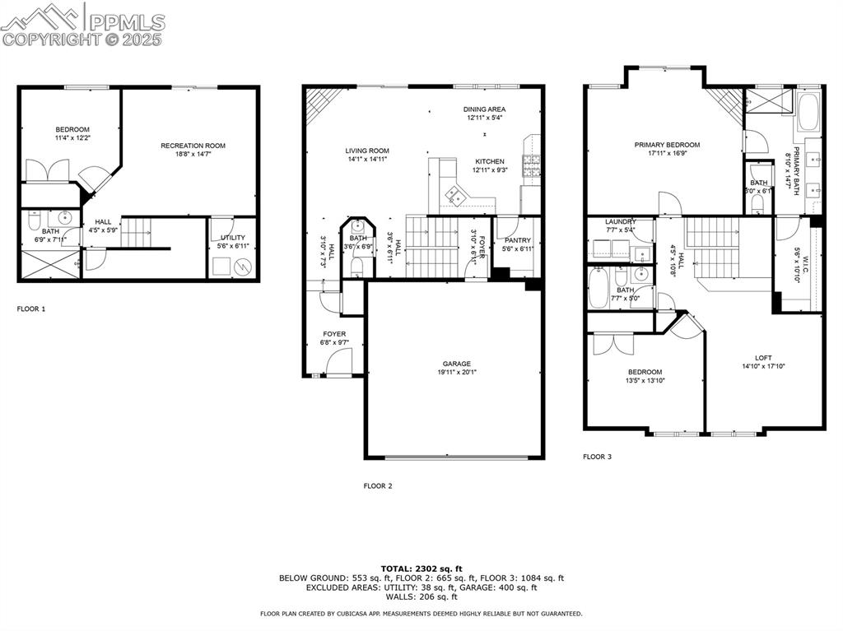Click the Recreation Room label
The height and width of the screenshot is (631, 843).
click(x=193, y=146)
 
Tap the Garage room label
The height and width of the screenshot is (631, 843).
click(x=455, y=364)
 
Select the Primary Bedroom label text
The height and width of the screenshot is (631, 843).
click(x=667, y=145)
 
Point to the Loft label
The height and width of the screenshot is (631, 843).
click(x=763, y=358)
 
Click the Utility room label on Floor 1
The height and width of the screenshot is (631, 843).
click(x=233, y=238)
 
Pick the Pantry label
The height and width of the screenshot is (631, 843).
click(x=518, y=240)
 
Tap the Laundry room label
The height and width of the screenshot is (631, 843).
click(x=621, y=222)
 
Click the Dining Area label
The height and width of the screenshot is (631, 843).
click(x=484, y=109)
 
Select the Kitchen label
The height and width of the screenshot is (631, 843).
click(x=489, y=161)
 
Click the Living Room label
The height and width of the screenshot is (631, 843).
click(x=367, y=151)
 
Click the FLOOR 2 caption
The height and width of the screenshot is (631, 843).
click(x=378, y=486)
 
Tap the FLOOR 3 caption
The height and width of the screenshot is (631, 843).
click(x=597, y=457)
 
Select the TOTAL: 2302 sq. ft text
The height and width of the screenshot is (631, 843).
click(x=421, y=568)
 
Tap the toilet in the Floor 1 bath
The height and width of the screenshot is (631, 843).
click(x=34, y=220)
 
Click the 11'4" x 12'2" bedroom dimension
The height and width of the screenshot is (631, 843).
click(x=72, y=138)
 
